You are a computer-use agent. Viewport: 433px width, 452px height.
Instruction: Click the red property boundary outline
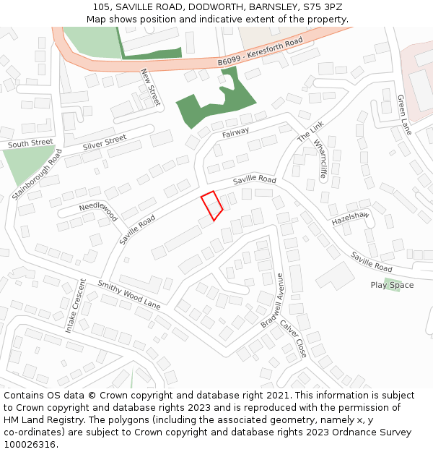click(211, 205)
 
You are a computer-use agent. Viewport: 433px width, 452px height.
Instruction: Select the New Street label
click(149, 87)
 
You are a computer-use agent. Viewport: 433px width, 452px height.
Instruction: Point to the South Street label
click(30, 143)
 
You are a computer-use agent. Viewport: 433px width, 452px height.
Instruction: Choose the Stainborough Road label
click(38, 175)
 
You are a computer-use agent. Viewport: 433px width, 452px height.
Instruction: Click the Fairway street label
click(236, 132)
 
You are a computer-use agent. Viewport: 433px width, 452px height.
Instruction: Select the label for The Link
click(311, 131)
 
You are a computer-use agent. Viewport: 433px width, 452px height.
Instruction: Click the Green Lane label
click(405, 114)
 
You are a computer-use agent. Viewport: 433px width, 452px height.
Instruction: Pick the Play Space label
click(392, 285)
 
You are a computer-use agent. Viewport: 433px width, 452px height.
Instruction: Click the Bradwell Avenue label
click(273, 299)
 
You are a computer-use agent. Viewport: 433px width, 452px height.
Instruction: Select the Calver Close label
click(294, 338)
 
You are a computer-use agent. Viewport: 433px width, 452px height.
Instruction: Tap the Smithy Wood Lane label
click(129, 294)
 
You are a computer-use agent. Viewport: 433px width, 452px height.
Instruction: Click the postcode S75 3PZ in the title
click(323, 7)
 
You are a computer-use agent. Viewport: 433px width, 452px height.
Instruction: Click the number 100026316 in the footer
click(30, 444)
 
